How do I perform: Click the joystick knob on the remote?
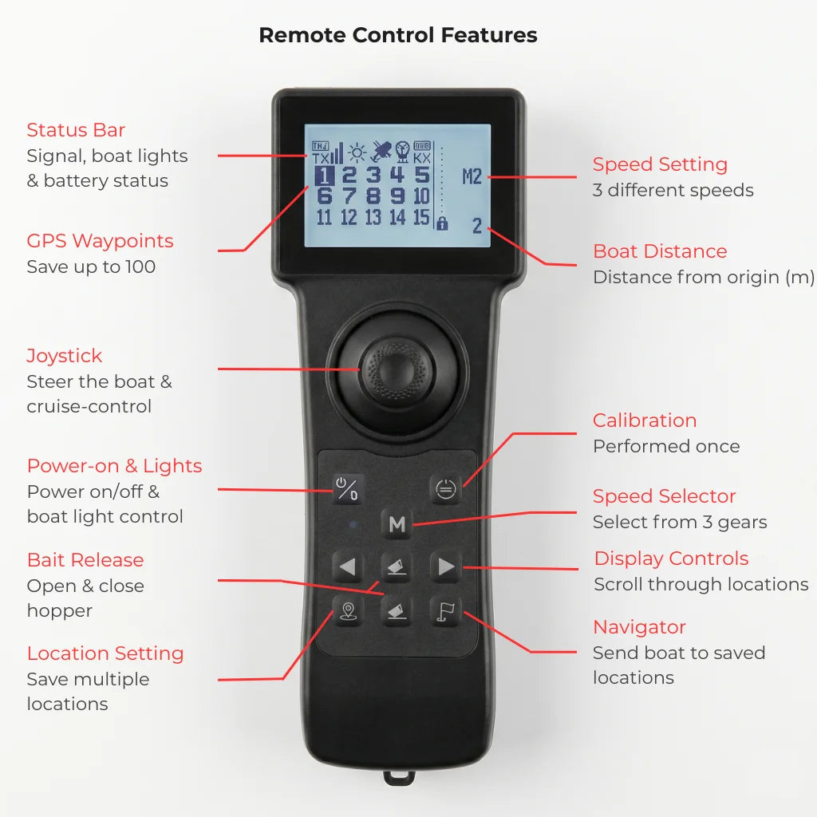[397, 370]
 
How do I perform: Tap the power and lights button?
[348, 489]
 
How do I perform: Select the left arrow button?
[348, 566]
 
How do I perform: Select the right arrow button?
[446, 566]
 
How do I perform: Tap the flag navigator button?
[446, 611]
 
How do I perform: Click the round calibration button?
[446, 489]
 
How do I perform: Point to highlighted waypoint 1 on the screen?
[324, 176]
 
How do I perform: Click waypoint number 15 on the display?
[421, 217]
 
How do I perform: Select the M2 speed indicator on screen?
[472, 176]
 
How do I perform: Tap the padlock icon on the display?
[442, 223]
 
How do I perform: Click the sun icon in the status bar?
[357, 152]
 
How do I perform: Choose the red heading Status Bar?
[76, 130]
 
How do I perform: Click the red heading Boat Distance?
[660, 251]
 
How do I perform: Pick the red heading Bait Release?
[85, 559]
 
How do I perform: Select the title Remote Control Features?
[398, 35]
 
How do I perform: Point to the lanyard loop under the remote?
[400, 777]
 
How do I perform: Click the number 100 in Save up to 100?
[140, 266]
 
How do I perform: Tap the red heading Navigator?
[639, 627]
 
